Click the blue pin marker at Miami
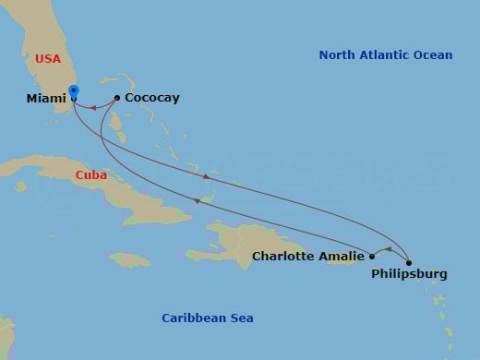coord(74,92)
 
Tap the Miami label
coord(47,98)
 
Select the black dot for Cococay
coord(117,98)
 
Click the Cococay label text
coord(152,98)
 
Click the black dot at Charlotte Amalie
coord(372,257)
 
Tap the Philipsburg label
coord(409,274)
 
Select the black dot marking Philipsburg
coord(409,263)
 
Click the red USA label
coord(48,59)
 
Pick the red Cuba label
coord(91,174)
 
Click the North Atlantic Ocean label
coord(386,55)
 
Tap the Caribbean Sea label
coord(208,318)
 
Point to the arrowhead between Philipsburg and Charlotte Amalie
coord(388,249)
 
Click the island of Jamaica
coord(129,259)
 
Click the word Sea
coord(241,318)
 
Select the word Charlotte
coord(284,257)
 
